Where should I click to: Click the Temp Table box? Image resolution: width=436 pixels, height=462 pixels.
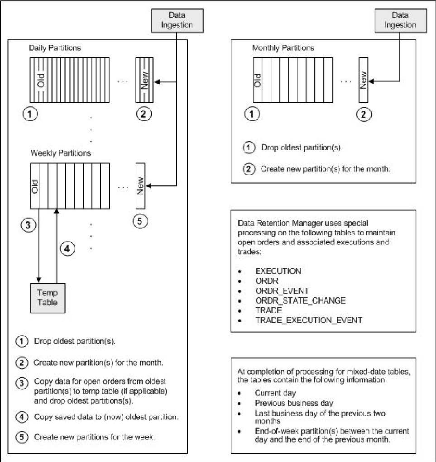tap(48, 297)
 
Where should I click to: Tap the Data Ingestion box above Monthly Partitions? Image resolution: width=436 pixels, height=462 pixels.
tap(400, 20)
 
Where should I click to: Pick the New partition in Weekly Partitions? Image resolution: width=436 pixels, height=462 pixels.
tap(139, 186)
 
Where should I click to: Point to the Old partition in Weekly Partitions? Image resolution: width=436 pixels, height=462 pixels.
tap(35, 186)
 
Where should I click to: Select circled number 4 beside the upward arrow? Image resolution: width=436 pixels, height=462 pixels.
tap(67, 249)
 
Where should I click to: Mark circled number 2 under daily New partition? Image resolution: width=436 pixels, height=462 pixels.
tap(144, 115)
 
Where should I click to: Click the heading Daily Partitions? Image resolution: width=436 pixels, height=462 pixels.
tap(55, 48)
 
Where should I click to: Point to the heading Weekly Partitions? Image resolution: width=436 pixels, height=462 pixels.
tap(60, 153)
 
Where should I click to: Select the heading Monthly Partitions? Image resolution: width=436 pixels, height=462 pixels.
tap(283, 48)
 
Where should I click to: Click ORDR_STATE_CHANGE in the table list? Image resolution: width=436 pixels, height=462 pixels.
tap(300, 300)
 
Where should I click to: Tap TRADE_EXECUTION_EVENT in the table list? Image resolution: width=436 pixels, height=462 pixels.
tap(308, 320)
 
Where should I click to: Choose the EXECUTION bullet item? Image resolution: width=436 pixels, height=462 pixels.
tap(278, 271)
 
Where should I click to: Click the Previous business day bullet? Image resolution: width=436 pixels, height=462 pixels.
tap(294, 403)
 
